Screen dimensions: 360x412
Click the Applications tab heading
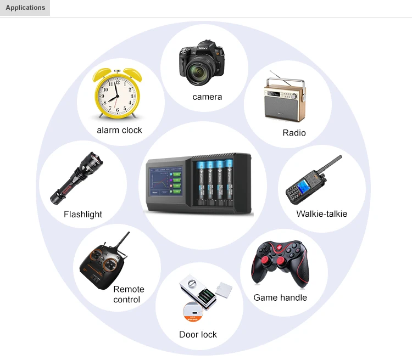pyautogui.click(x=25, y=8)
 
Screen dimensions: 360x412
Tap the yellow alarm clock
pyautogui.click(x=116, y=95)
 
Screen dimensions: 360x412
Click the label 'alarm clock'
pyautogui.click(x=119, y=130)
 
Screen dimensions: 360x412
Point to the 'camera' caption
pyautogui.click(x=207, y=97)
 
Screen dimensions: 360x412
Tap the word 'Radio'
pyautogui.click(x=294, y=133)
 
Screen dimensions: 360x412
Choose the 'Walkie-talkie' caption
pyautogui.click(x=321, y=214)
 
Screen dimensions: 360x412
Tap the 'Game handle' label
pyautogui.click(x=280, y=298)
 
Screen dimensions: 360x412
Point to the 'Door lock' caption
pyautogui.click(x=198, y=335)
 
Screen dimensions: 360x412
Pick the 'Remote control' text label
pyautogui.click(x=129, y=295)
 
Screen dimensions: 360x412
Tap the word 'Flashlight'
pyautogui.click(x=83, y=215)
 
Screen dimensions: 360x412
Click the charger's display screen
pyautogui.click(x=165, y=185)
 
